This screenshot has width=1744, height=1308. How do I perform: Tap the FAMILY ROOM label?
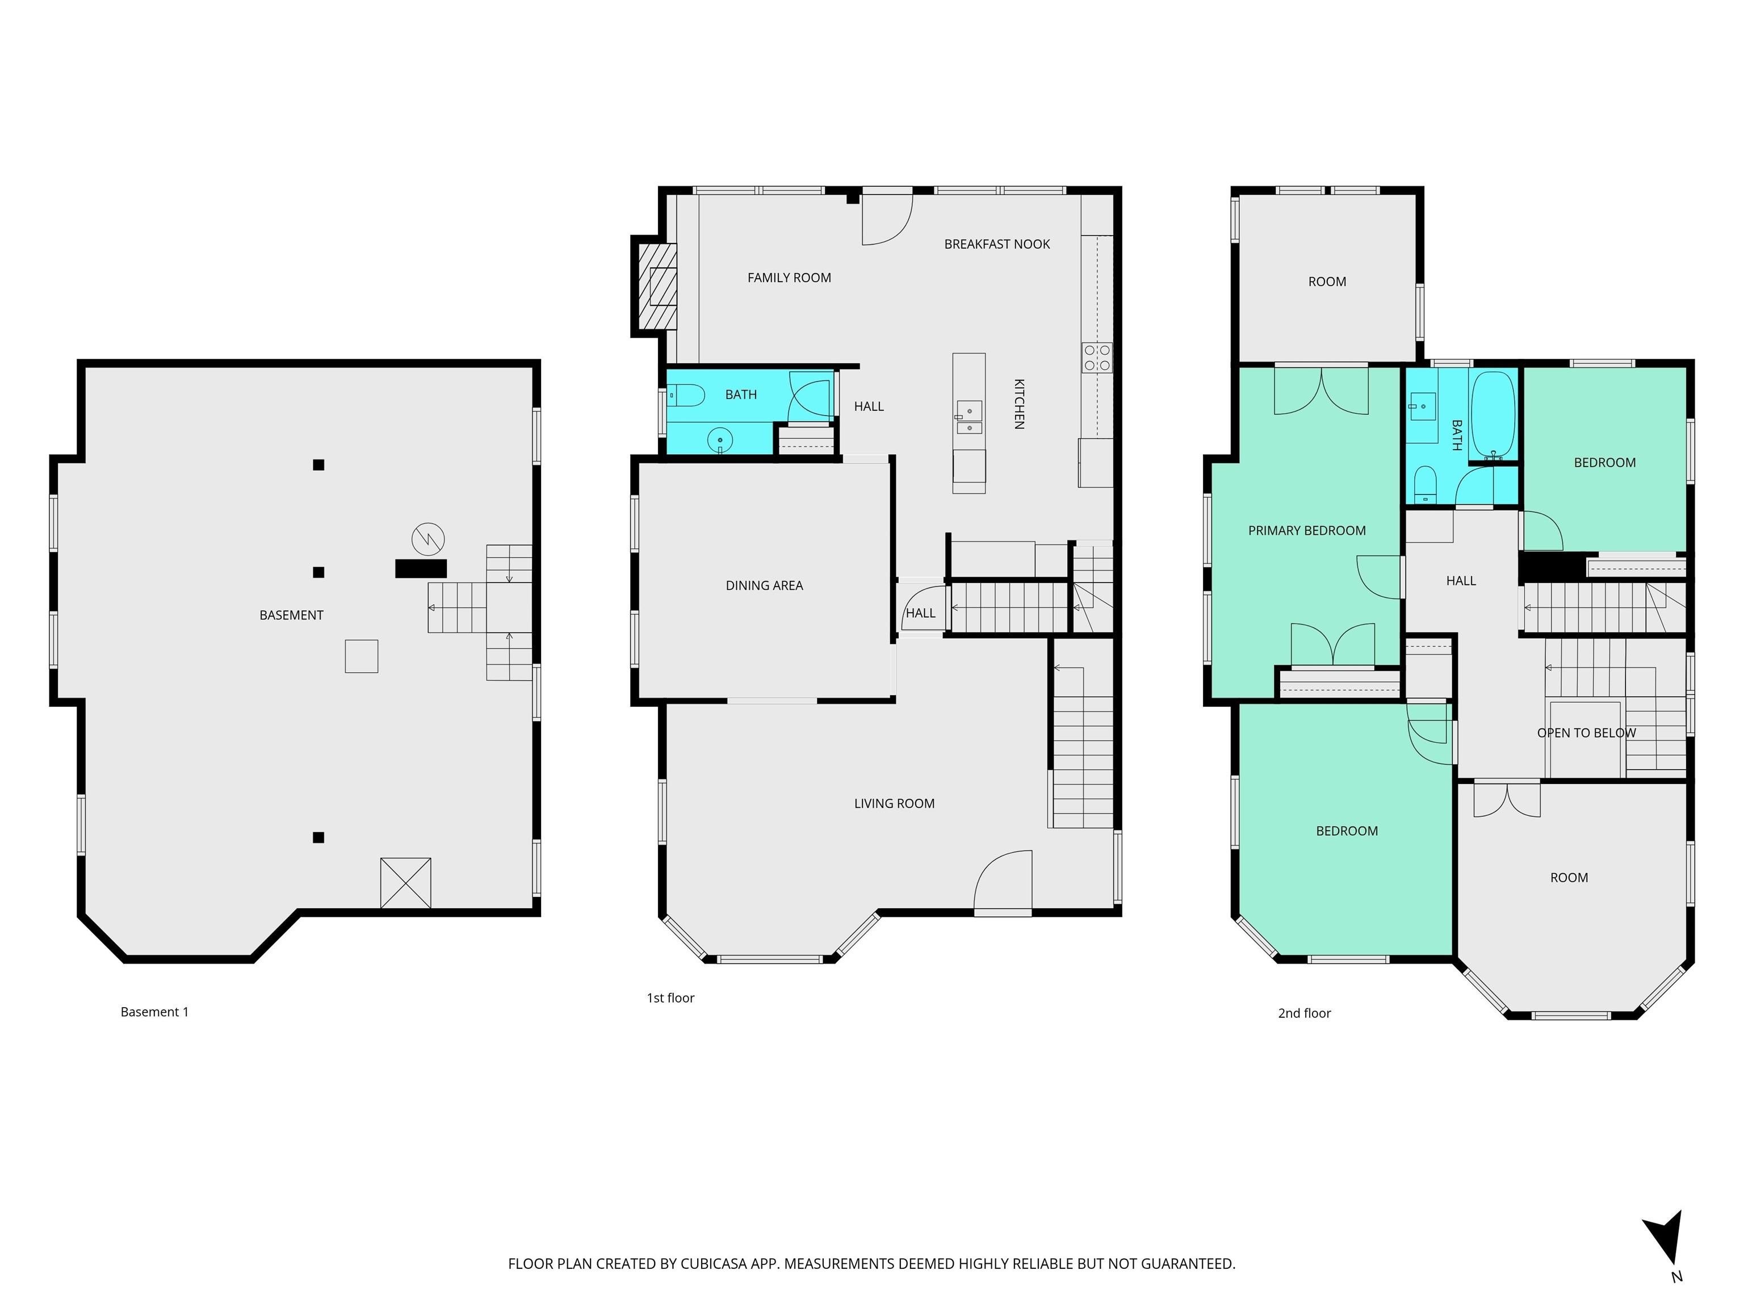pos(789,278)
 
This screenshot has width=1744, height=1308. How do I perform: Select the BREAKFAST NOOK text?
pos(996,245)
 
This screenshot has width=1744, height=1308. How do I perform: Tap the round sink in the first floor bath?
pos(720,439)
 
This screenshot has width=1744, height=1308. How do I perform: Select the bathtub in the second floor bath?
pos(1493,416)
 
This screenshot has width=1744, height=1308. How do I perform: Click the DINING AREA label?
pos(764,585)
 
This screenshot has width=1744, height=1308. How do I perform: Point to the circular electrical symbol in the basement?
pos(428,539)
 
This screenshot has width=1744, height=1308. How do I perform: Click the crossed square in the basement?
pos(405,883)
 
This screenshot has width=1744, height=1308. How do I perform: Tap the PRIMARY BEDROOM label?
pos(1306,531)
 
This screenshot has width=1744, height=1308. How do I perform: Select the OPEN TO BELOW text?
pos(1586,732)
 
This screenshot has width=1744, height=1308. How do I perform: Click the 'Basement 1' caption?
pos(154,1012)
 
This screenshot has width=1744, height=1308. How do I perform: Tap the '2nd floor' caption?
pos(1304,1013)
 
